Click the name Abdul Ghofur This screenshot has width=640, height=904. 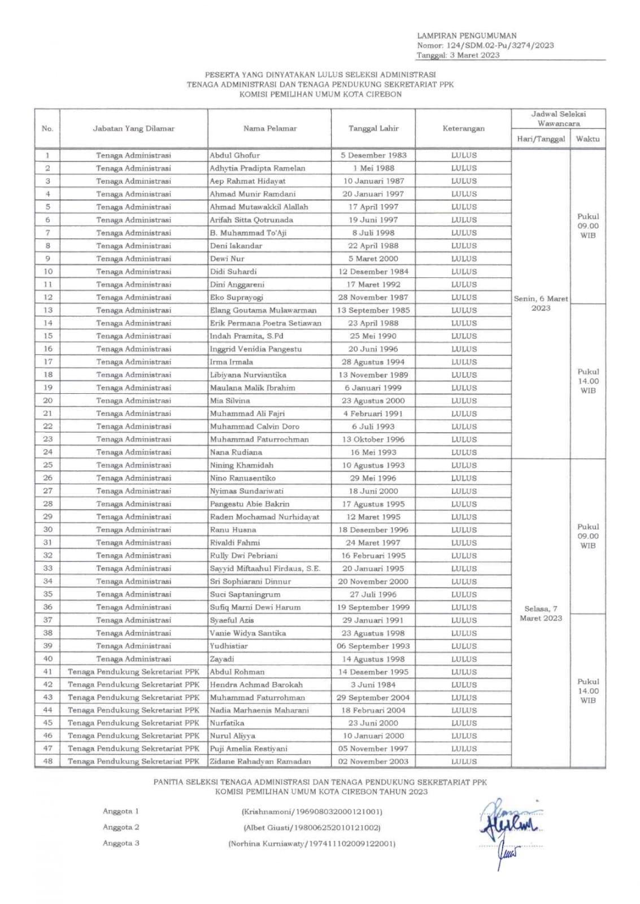pyautogui.click(x=234, y=155)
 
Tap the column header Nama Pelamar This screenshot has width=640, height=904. pyautogui.click(x=269, y=129)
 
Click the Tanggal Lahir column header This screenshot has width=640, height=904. pyautogui.click(x=373, y=129)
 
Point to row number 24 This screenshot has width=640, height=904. pyautogui.click(x=47, y=452)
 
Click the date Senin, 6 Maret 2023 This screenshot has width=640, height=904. pyautogui.click(x=541, y=303)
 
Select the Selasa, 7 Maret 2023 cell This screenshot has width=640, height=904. pyautogui.click(x=541, y=614)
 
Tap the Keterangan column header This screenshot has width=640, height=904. pyautogui.click(x=463, y=129)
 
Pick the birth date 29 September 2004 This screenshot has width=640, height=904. pyautogui.click(x=373, y=698)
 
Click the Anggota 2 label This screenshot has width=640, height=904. pyautogui.click(x=121, y=827)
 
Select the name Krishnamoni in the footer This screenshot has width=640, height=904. pyautogui.click(x=265, y=812)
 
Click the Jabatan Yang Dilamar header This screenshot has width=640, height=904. pyautogui.click(x=133, y=129)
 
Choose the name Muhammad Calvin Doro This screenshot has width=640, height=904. pyautogui.click(x=254, y=427)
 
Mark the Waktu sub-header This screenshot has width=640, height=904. pyautogui.click(x=587, y=139)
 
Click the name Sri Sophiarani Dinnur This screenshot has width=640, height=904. pyautogui.click(x=250, y=581)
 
